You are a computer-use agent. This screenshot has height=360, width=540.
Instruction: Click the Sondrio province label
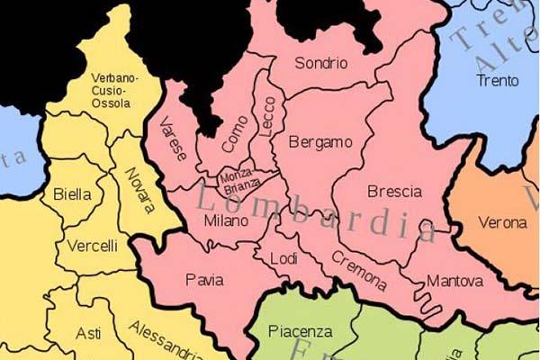[x=320, y=63]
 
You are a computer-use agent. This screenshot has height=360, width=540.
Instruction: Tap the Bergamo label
[x=319, y=142]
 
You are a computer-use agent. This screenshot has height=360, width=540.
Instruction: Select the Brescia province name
[x=394, y=192]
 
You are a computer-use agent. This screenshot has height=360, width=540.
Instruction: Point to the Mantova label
[x=454, y=281]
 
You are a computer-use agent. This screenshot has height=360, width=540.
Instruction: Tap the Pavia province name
[x=204, y=280]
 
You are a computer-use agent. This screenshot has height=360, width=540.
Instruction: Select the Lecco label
[x=267, y=116]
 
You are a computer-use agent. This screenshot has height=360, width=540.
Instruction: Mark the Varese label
[x=173, y=139]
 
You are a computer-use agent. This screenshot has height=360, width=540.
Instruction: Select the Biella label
[x=72, y=193]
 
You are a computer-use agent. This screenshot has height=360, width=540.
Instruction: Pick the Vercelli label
[x=92, y=245]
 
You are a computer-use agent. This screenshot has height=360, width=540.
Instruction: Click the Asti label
[x=88, y=333]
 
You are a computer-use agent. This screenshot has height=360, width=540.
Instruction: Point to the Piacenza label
[x=301, y=331]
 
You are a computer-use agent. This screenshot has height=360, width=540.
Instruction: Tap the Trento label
[x=498, y=80]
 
